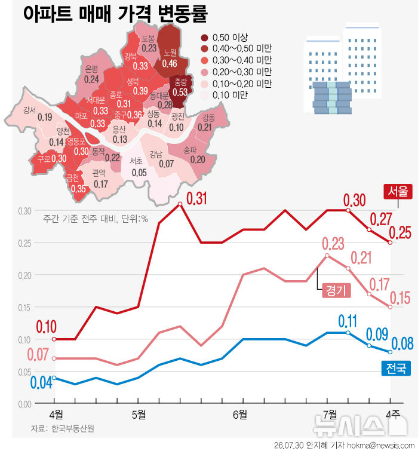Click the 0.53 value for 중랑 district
tap(180, 92)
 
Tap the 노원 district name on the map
tap(170, 53)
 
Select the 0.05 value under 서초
tap(139, 173)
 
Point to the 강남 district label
tap(156, 155)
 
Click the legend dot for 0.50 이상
tap(205, 38)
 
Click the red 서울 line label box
tap(398, 192)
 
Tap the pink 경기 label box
tap(336, 290)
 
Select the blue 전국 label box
tap(396, 368)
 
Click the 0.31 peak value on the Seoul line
tap(196, 198)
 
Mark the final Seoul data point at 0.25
tap(390, 243)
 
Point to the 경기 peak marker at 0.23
tap(327, 256)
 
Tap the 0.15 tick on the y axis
tap(24, 308)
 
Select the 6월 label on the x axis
tap(240, 415)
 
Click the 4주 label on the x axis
tap(393, 415)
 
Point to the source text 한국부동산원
tap(73, 428)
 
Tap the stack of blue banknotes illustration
tap(332, 97)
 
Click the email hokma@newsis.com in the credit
tap(380, 445)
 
